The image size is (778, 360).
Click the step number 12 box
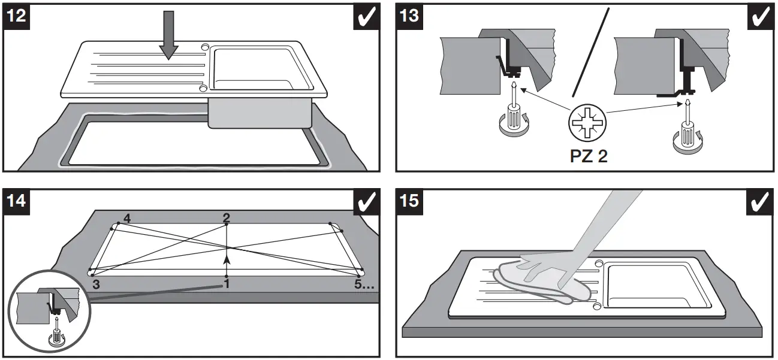click(x=19, y=16)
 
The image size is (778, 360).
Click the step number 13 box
click(x=409, y=16)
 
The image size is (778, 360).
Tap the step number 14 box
click(x=19, y=202)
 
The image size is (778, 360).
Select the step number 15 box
click(x=409, y=202)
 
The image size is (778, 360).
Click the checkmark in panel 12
click(x=366, y=16)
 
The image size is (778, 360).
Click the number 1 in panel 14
click(x=227, y=283)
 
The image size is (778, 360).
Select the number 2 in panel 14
click(x=226, y=219)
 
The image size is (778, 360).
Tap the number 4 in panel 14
click(x=126, y=219)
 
